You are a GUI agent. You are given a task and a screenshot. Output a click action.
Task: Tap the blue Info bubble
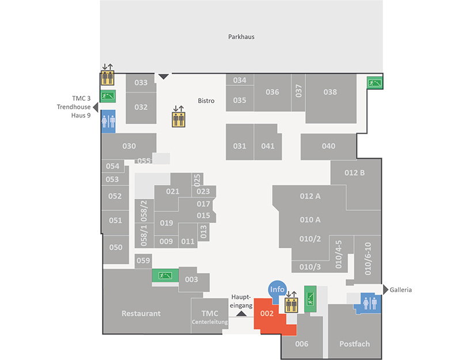pyautogui.click(x=277, y=290)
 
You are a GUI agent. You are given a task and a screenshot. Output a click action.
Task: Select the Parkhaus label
pyautogui.click(x=241, y=37)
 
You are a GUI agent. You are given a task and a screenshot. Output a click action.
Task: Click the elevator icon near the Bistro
pyautogui.click(x=179, y=119)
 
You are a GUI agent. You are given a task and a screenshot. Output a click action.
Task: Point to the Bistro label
pyautogui.click(x=206, y=101)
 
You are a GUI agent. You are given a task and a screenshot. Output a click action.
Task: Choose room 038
pyautogui.click(x=331, y=98)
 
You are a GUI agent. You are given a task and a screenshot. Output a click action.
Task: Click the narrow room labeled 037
pyautogui.click(x=298, y=92)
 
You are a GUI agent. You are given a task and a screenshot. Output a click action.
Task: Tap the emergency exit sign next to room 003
pyautogui.click(x=165, y=275)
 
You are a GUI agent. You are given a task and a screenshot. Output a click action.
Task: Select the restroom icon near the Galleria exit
pyautogui.click(x=370, y=304)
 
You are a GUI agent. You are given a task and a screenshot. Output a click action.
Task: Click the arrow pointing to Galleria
pyautogui.click(x=385, y=289)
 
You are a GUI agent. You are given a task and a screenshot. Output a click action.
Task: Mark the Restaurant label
pyautogui.click(x=141, y=313)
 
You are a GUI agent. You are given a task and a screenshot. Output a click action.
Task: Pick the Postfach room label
pyautogui.click(x=354, y=344)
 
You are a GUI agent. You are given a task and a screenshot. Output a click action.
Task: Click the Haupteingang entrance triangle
pyautogui.click(x=241, y=313)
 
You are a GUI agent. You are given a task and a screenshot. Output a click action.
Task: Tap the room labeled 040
pyautogui.click(x=328, y=146)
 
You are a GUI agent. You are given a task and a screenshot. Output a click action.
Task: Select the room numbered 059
pyautogui.click(x=143, y=261)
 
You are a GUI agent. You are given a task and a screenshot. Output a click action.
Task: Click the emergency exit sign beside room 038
pyautogui.click(x=375, y=82)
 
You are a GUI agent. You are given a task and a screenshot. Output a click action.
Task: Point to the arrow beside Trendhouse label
pyautogui.click(x=96, y=107)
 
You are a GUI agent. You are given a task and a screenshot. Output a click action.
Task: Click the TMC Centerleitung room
pyautogui.click(x=210, y=316)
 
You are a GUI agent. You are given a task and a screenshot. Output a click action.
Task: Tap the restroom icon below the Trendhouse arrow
pyautogui.click(x=108, y=122)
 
